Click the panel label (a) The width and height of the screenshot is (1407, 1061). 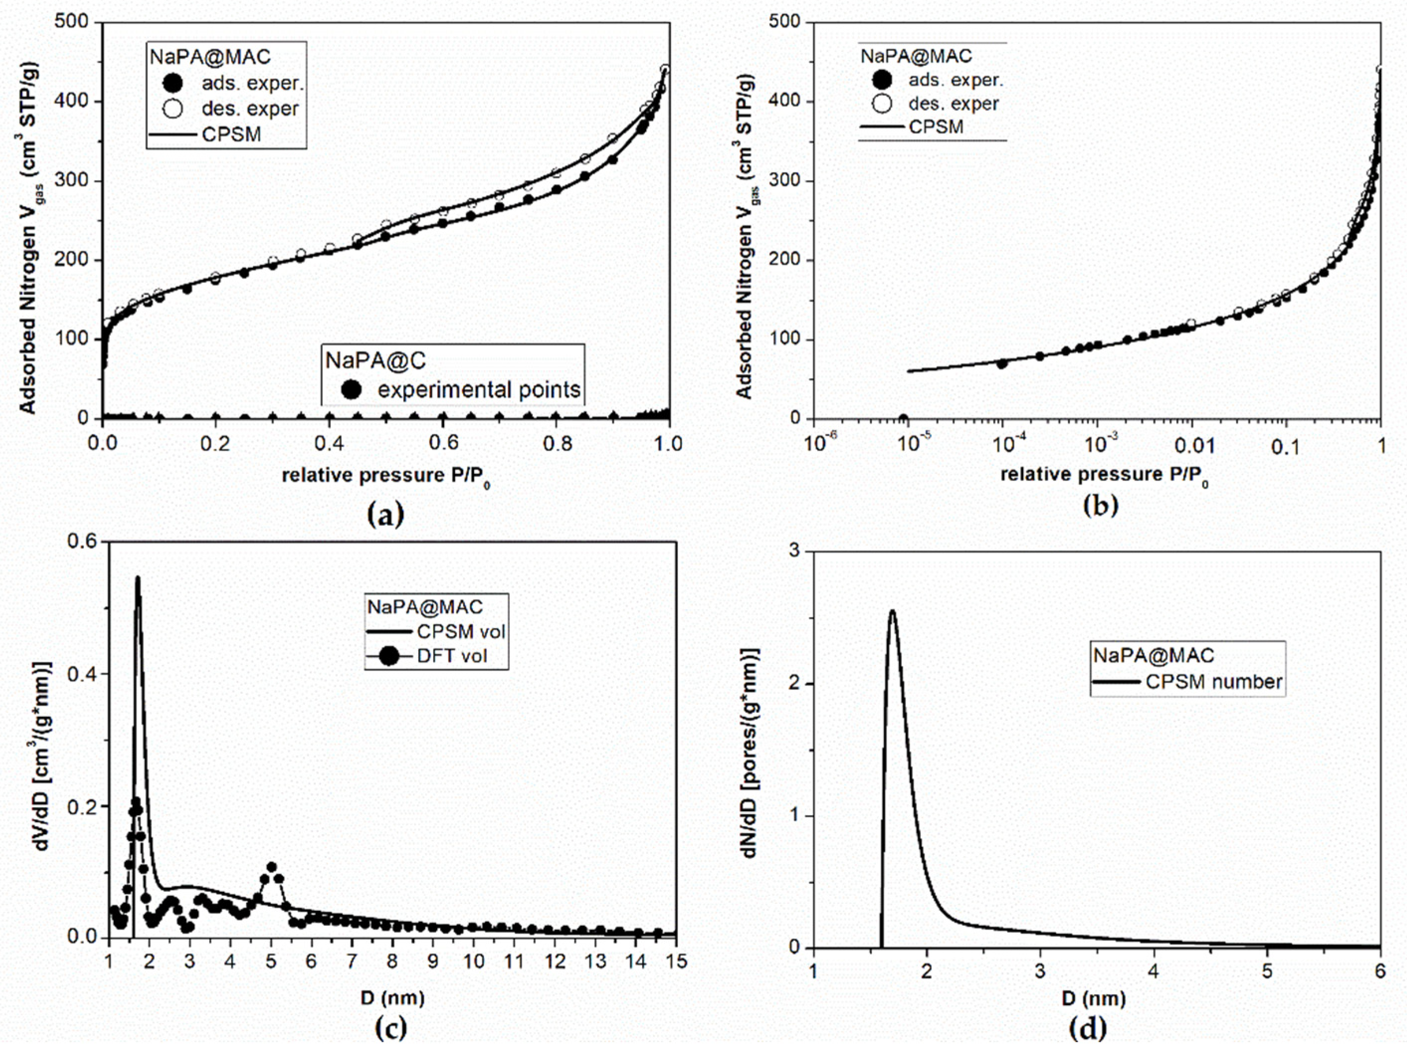pos(385,515)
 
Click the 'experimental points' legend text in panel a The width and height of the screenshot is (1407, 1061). pos(478,389)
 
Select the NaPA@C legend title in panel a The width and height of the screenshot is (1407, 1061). pos(375,361)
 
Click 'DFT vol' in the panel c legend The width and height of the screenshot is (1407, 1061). pos(452,656)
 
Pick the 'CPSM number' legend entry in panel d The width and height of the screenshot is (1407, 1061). pos(1214,682)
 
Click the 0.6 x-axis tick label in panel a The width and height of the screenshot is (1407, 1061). pos(443,443)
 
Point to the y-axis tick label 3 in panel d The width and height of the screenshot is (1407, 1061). pos(794,552)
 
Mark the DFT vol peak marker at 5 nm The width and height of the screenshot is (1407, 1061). pos(272,867)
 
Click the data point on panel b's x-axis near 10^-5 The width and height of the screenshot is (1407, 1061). pos(903,418)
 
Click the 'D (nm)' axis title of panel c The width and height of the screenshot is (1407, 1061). pos(392,997)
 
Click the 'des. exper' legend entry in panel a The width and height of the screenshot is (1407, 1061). pos(249,109)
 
